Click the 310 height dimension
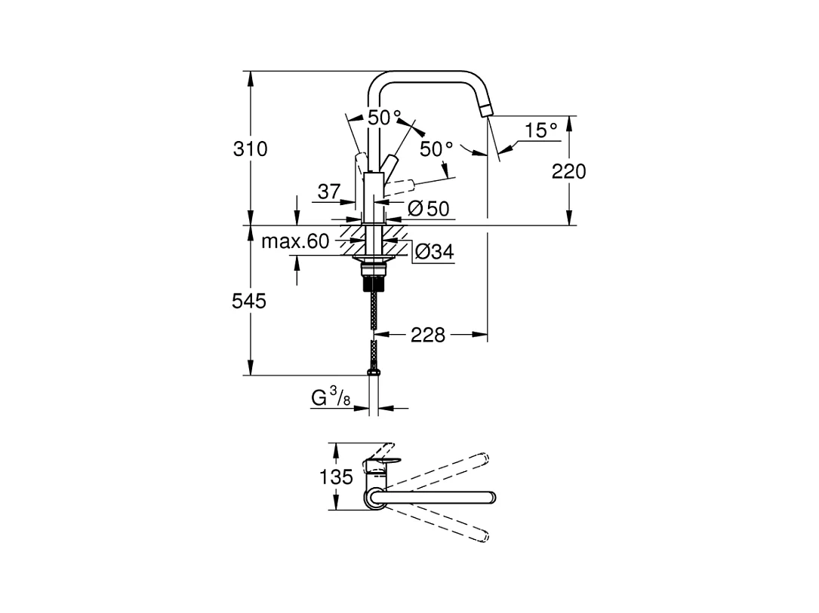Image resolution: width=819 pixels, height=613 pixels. click(x=250, y=149)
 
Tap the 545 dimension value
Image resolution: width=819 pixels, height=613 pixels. click(x=249, y=301)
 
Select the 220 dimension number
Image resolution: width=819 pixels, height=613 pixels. click(x=569, y=171)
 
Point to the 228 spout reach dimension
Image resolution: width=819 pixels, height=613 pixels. click(x=428, y=335)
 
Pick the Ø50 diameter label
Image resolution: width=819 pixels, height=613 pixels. click(x=428, y=209)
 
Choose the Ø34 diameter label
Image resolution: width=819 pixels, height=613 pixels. click(x=435, y=252)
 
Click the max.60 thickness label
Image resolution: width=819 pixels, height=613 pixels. click(x=295, y=241)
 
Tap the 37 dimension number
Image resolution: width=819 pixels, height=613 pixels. click(x=329, y=192)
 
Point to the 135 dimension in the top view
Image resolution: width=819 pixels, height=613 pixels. click(x=337, y=477)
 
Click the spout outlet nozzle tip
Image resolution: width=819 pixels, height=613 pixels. click(x=486, y=110)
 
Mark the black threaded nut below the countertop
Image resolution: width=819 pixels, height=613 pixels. click(x=374, y=282)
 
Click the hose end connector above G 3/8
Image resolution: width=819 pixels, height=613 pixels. click(x=374, y=372)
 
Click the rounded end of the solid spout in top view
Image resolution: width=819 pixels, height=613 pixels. click(x=491, y=497)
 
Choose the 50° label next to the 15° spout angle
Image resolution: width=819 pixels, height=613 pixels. click(x=436, y=149)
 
